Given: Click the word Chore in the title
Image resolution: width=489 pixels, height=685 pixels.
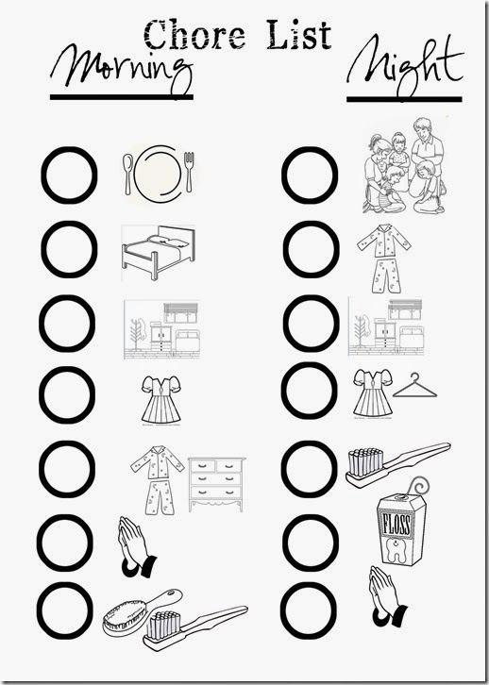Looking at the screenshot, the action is click(194, 35).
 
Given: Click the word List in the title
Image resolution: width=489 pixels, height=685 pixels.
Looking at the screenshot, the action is click(299, 34).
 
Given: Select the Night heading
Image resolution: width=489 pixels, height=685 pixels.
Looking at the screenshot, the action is click(405, 65).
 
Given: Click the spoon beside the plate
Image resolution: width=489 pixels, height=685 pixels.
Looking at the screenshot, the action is click(127, 174).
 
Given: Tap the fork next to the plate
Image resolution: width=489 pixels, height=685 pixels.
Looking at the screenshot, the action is click(189, 172).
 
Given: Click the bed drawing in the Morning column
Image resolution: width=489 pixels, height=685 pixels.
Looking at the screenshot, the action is click(159, 252).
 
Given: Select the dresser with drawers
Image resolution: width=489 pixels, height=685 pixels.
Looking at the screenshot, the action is click(216, 484).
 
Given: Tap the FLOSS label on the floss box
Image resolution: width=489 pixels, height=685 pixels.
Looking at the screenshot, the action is click(396, 525).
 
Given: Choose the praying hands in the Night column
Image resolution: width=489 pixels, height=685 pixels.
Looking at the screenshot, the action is click(386, 596).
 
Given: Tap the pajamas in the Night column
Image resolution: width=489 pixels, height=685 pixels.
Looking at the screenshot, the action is click(383, 258).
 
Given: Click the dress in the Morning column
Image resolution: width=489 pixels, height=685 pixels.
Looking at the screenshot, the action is click(161, 400).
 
